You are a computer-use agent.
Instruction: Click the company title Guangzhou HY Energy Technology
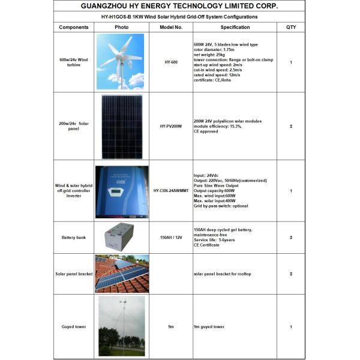(179, 7)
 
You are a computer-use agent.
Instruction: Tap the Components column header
(74, 27)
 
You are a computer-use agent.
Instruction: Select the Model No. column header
(170, 27)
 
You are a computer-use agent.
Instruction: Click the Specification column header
(235, 27)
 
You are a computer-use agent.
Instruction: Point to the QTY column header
(291, 27)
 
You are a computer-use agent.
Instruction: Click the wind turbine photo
(121, 62)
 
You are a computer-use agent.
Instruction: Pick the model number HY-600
(170, 62)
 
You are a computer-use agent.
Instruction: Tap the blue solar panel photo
(122, 127)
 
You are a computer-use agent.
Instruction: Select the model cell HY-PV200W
(170, 127)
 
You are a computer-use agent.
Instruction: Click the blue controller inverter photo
(122, 191)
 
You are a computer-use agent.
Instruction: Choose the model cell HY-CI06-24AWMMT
(170, 191)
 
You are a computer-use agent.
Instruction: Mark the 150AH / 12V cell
(170, 238)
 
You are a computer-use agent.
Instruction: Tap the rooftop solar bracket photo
(122, 274)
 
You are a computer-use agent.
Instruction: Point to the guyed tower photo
(122, 326)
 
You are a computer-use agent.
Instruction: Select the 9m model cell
(170, 326)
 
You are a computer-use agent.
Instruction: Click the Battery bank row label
(74, 238)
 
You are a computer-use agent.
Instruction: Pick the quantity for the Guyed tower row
(291, 326)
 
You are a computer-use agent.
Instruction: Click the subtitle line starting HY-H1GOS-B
(179, 17)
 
